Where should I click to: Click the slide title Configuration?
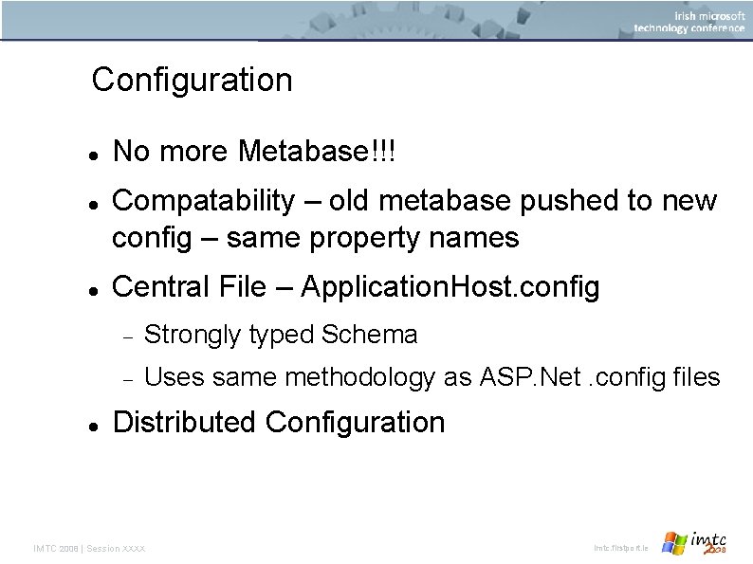[x=192, y=80]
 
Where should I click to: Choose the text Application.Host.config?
[x=450, y=287]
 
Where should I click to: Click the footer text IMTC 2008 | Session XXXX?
[x=90, y=549]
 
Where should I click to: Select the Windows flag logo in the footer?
[x=675, y=543]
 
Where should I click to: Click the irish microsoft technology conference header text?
[x=689, y=22]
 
